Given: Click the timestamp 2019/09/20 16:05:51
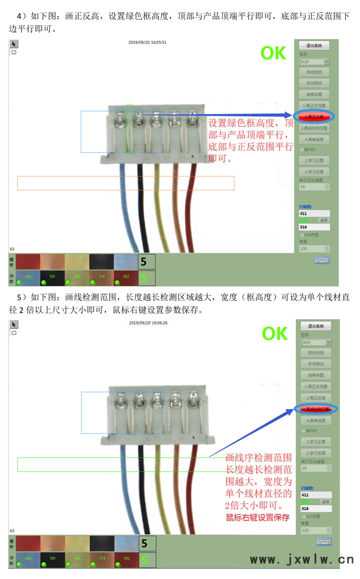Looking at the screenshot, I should pyautogui.click(x=147, y=42).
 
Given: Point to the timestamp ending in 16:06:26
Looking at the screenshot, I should pyautogui.click(x=148, y=323).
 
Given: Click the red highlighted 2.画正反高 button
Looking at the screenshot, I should pyautogui.click(x=314, y=116).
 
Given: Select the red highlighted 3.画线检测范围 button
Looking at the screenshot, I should pyautogui.click(x=316, y=409).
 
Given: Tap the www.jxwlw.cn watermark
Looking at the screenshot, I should pyautogui.click(x=302, y=560).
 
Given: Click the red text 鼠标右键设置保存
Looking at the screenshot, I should pyautogui.click(x=258, y=517).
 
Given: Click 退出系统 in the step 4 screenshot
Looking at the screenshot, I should pyautogui.click(x=314, y=45).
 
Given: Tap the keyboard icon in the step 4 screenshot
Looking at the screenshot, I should pyautogui.click(x=322, y=260).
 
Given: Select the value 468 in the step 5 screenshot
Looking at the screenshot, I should pyautogui.click(x=28, y=559).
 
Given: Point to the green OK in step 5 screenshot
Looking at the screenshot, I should pyautogui.click(x=274, y=334).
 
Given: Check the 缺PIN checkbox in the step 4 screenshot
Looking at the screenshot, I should pyautogui.click(x=302, y=149).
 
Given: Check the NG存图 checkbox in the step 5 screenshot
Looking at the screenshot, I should pyautogui.click(x=303, y=516).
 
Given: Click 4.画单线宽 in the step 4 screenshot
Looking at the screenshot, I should pyautogui.click(x=314, y=140).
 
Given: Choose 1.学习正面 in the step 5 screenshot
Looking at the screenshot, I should pyautogui.click(x=316, y=442).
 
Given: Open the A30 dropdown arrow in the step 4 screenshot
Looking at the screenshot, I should pyautogui.click(x=326, y=62).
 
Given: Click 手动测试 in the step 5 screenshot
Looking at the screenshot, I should pyautogui.click(x=316, y=364).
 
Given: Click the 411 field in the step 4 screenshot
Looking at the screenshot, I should pyautogui.click(x=314, y=213).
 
